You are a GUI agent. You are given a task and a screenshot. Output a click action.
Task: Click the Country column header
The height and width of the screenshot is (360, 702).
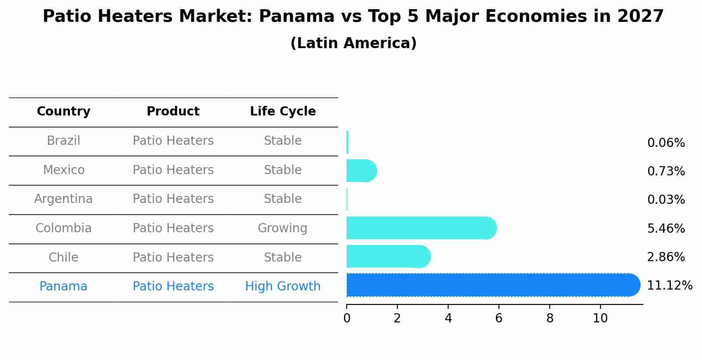point(63,112)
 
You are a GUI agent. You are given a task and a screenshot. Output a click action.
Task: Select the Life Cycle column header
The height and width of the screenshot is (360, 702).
point(283,112)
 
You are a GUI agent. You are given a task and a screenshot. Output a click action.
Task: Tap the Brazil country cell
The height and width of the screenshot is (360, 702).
point(63,141)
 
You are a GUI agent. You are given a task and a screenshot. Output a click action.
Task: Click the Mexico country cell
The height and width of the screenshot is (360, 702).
point(63,170)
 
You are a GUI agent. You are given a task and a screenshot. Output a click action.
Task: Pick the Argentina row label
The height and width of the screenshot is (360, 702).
point(63,199)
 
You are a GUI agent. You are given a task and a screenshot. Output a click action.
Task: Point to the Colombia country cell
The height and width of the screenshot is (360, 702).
point(63,228)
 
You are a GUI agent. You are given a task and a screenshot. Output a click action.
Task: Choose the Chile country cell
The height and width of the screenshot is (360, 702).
point(63,257)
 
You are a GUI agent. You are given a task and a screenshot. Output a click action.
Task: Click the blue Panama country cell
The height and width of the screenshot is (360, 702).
point(63,287)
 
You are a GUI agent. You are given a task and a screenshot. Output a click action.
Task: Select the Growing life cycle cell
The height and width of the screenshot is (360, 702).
point(283,228)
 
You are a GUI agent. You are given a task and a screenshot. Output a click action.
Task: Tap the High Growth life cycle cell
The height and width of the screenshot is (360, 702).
point(283,287)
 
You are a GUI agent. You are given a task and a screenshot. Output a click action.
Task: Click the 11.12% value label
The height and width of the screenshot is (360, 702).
point(669,286)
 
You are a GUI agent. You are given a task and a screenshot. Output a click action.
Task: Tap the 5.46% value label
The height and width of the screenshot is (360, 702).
point(666,228)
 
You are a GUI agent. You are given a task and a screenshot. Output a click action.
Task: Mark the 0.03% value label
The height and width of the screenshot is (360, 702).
point(666,200)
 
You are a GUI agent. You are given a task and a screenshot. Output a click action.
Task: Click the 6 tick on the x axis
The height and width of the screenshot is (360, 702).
point(498,318)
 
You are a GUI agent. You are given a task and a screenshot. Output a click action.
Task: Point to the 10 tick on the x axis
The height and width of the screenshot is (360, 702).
point(600,318)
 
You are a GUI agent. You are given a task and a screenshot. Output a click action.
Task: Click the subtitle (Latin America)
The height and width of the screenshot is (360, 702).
point(353,43)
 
